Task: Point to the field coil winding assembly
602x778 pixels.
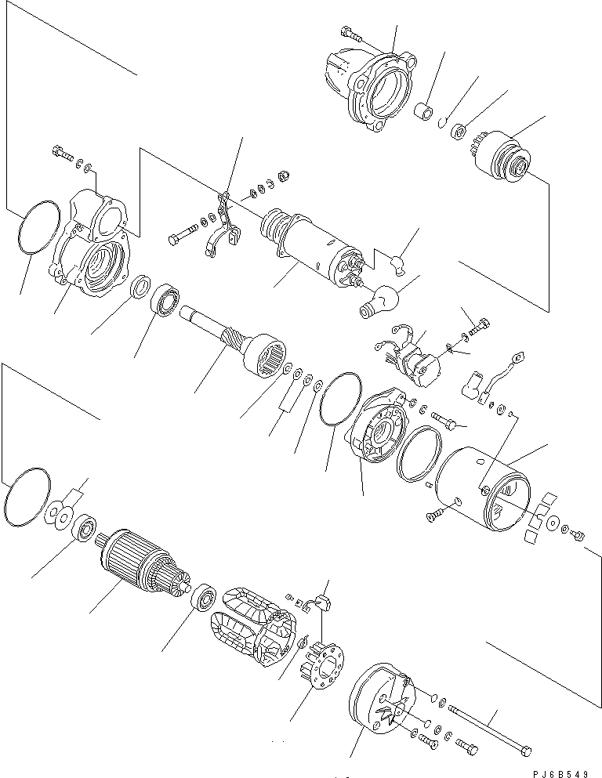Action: click(x=249, y=627)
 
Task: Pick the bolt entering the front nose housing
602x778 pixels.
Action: click(x=350, y=33)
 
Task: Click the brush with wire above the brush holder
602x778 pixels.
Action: click(x=323, y=604)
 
